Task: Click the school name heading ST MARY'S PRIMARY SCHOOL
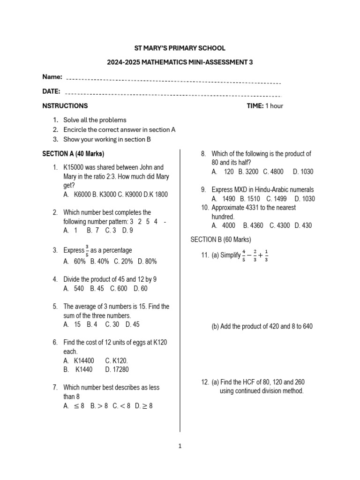(x=180, y=48)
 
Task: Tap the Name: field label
(x=52, y=76)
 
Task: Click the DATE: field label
(x=51, y=91)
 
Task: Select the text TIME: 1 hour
(x=265, y=106)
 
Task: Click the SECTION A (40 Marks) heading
(x=73, y=154)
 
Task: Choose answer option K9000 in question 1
(x=123, y=195)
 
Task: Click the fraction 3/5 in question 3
(x=87, y=250)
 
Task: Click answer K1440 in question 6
(x=84, y=369)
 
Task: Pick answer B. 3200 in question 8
(x=248, y=172)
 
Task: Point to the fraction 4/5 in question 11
(x=244, y=256)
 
